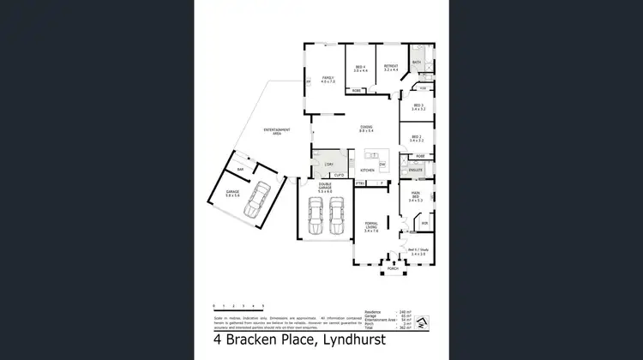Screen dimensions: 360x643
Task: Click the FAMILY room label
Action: tap(327, 77)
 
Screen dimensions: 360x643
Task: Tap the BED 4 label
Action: tap(360, 67)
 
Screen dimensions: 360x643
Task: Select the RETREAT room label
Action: tap(390, 67)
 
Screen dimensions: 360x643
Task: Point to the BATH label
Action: tap(416, 63)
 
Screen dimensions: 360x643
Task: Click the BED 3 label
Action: tap(418, 106)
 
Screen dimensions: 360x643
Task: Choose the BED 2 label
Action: tap(416, 136)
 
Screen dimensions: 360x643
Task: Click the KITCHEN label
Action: tap(367, 171)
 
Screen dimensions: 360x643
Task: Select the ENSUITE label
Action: tap(416, 171)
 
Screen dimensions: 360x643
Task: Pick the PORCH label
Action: tap(393, 268)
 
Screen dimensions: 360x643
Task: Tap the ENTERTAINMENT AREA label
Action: tap(277, 131)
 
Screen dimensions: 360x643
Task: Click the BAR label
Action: tap(241, 170)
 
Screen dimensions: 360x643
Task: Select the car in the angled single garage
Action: tap(256, 205)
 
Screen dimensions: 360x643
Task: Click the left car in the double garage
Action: tap(315, 217)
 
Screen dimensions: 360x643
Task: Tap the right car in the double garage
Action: tap(337, 217)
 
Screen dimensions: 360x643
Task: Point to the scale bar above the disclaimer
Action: tap(238, 306)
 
